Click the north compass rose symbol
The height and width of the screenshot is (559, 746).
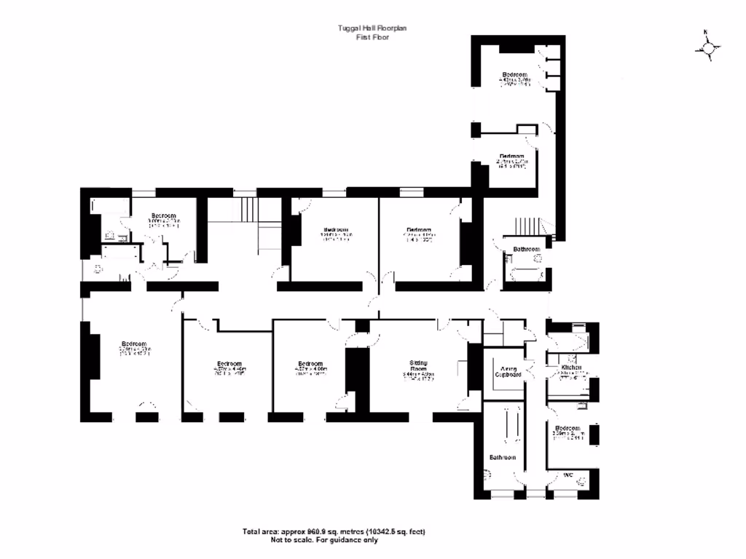click(x=707, y=47)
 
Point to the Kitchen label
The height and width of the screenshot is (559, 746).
click(x=571, y=368)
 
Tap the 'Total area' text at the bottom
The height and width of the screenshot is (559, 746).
click(x=334, y=532)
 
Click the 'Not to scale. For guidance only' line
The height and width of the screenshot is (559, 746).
click(x=324, y=540)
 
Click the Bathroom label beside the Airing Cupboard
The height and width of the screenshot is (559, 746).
click(x=503, y=457)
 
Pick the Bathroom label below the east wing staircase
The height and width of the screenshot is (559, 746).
click(x=526, y=250)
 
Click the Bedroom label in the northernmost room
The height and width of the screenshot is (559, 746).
click(x=514, y=74)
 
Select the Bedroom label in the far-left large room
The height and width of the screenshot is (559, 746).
click(x=134, y=344)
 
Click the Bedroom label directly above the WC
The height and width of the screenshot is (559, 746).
click(x=567, y=428)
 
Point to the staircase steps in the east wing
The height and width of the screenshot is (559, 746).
click(x=526, y=226)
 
